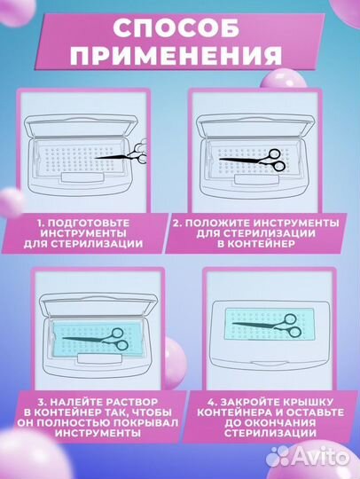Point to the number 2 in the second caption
coord(178,220)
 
